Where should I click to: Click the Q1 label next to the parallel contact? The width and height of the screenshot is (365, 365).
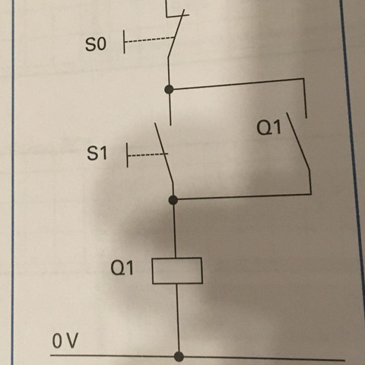point(268,129)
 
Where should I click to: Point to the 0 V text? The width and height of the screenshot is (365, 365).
point(65,341)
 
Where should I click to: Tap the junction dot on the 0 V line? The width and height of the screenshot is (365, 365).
point(179,355)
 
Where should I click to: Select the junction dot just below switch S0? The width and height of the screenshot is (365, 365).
point(169,90)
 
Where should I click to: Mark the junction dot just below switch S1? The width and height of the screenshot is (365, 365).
point(173,200)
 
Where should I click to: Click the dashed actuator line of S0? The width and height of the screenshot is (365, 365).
point(148,43)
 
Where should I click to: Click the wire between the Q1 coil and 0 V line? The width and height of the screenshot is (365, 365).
point(179,319)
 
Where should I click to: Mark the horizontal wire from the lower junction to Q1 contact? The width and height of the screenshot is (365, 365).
point(243,197)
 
